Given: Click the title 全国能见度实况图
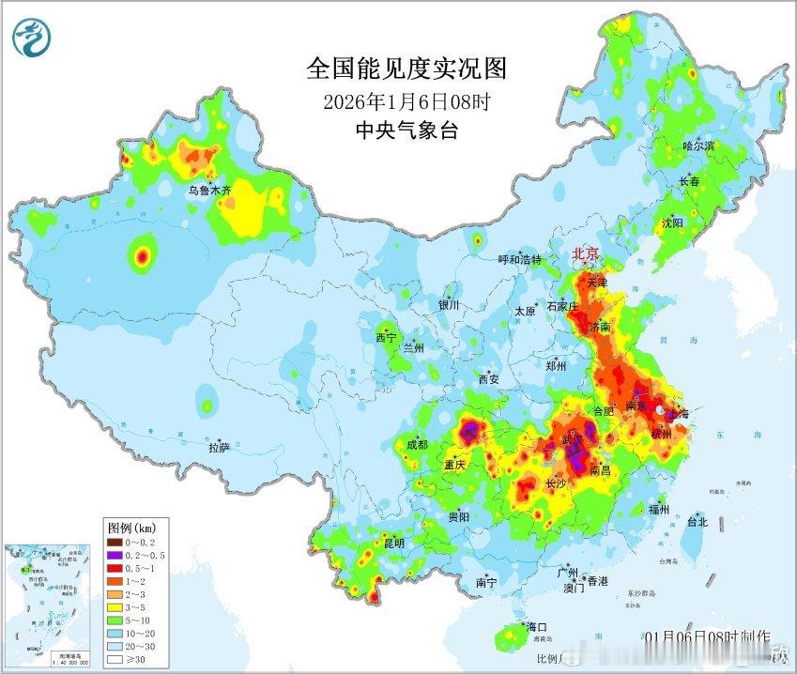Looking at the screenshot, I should tap(406, 69).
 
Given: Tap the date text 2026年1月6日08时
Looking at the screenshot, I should tap(406, 100).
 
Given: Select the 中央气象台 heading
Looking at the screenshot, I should tap(406, 130).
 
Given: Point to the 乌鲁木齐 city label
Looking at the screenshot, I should tap(208, 191).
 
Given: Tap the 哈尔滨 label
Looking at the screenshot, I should tap(698, 146).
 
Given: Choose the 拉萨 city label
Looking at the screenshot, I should tap(219, 448).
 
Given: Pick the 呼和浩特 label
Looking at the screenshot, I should tap(519, 259).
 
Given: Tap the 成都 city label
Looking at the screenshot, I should tap(418, 444).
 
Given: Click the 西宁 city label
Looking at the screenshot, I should tap(386, 337).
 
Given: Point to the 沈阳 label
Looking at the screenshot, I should tap(672, 223).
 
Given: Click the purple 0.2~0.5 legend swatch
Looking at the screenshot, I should tap(115, 555).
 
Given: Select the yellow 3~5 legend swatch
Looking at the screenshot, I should tap(115, 607).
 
